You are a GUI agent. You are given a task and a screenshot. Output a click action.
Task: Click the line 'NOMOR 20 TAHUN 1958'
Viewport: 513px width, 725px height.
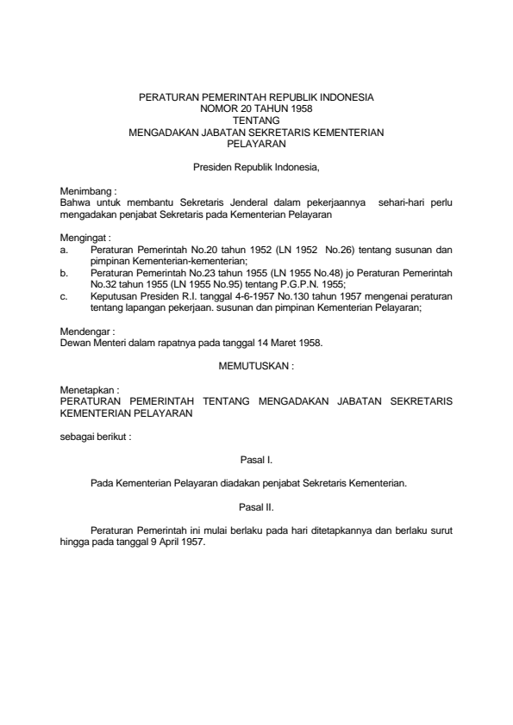click(256, 109)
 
